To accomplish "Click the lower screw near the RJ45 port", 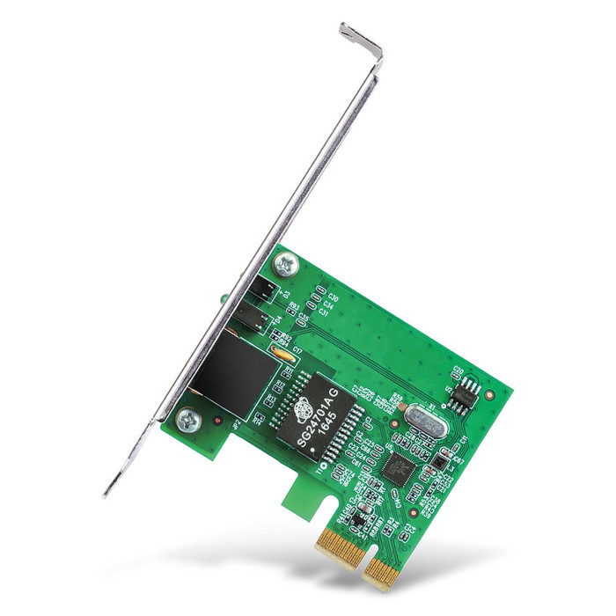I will [x=189, y=420].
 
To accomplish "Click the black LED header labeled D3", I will [x=263, y=291].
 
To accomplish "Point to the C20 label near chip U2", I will [x=458, y=370].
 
